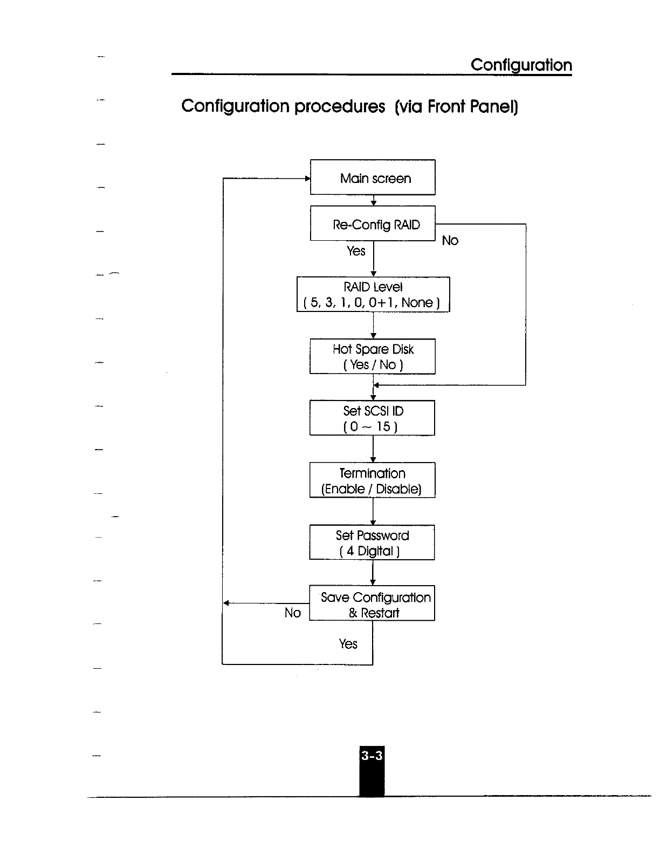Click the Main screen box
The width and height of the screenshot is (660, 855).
373,177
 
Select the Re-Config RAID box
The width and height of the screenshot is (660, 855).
373,223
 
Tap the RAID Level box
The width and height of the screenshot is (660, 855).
373,295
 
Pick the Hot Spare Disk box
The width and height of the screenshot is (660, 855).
373,356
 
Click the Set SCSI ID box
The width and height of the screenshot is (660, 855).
372,418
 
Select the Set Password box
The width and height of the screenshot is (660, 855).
372,542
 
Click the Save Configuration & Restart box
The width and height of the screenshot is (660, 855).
372,603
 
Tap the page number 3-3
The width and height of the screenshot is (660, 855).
372,756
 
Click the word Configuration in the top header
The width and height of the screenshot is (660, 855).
521,65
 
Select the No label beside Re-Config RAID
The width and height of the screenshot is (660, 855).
450,241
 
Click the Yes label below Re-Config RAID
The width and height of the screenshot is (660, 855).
356,251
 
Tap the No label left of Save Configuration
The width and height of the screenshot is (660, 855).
292,613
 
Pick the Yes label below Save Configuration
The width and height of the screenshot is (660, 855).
348,644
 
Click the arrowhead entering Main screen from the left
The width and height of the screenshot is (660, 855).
307,178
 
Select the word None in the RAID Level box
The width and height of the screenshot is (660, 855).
417,303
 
